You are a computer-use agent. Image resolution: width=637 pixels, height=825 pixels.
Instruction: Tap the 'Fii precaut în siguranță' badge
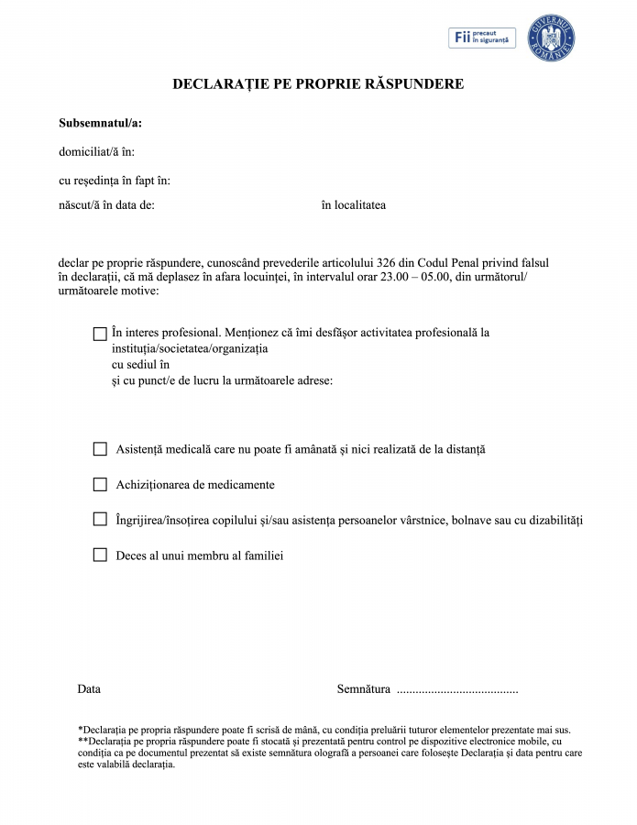482,38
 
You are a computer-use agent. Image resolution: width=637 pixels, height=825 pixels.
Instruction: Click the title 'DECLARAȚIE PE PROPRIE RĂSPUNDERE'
318,84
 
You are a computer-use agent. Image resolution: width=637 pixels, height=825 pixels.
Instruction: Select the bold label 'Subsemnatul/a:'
100,123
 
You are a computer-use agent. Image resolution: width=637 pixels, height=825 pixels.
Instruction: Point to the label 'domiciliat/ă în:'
96,152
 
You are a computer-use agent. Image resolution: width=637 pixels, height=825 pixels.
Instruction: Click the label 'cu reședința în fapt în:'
115,181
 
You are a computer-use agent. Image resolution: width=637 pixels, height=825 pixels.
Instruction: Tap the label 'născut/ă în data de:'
106,204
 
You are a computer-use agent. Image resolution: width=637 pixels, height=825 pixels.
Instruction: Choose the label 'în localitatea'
353,204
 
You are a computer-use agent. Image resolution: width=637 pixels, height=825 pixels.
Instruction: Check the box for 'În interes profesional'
100,334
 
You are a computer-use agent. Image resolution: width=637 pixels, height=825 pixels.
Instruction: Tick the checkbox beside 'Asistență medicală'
100,449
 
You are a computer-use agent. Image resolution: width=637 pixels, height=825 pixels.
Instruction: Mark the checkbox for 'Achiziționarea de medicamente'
100,484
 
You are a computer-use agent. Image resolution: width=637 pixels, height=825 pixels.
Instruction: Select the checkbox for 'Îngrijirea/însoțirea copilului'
100,520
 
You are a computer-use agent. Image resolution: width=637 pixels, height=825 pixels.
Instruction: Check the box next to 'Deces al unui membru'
100,555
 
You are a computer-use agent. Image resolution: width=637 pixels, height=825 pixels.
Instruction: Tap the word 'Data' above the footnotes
89,688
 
